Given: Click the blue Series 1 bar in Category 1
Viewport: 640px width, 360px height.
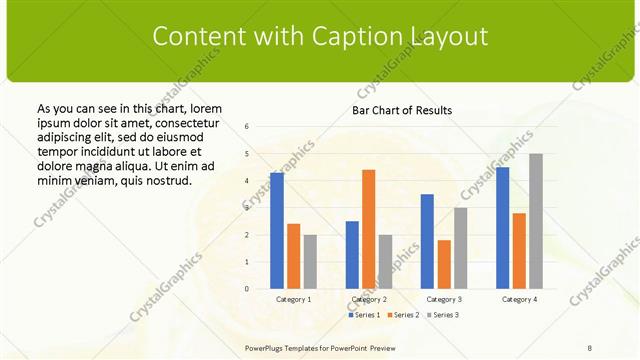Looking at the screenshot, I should pyautogui.click(x=277, y=231).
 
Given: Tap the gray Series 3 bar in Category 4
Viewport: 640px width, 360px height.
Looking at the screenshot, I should pyautogui.click(x=536, y=221).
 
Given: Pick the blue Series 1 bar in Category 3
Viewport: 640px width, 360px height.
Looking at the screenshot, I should pyautogui.click(x=427, y=241).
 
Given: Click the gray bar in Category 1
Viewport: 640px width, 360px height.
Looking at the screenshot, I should pyautogui.click(x=310, y=262).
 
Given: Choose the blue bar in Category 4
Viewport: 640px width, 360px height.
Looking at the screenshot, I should pyautogui.click(x=502, y=228).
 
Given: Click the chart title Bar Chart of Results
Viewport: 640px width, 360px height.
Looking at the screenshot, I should pyautogui.click(x=401, y=110).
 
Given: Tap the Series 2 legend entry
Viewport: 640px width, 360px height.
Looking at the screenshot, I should pyautogui.click(x=403, y=315).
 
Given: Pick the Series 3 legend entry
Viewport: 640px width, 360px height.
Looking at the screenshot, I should pyautogui.click(x=442, y=315).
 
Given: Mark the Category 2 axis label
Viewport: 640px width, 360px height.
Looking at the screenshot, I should pyautogui.click(x=369, y=299).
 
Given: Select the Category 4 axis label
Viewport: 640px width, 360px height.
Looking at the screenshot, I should pyautogui.click(x=519, y=299).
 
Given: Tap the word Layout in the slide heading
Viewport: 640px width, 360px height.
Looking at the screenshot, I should pyautogui.click(x=447, y=36).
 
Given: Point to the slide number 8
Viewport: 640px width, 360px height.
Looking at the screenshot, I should pyautogui.click(x=590, y=348).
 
